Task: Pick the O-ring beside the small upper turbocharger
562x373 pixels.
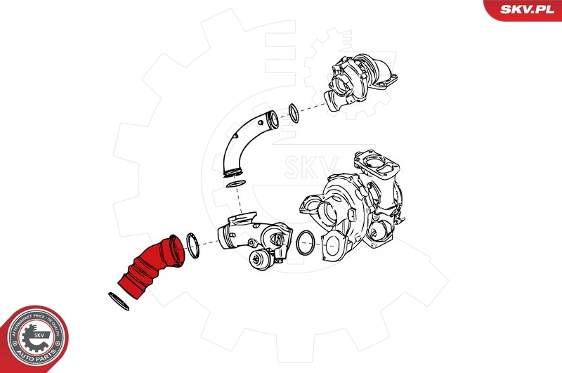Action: [x=294, y=112]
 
